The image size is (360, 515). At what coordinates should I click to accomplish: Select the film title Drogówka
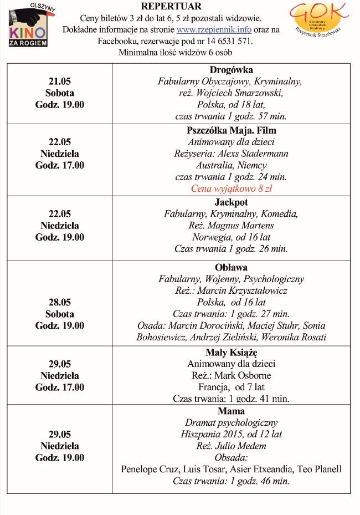tap(231, 70)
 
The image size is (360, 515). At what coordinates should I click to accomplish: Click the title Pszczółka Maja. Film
tap(231, 130)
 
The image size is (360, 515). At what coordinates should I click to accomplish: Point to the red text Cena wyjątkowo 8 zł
tap(231, 188)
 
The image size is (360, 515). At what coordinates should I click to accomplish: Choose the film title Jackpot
tap(231, 202)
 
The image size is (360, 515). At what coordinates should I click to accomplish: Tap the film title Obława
tap(231, 268)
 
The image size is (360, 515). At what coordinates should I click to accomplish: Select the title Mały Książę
tap(231, 352)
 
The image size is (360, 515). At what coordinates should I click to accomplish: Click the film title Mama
tap(231, 411)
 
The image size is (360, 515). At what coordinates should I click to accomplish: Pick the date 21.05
tap(60, 81)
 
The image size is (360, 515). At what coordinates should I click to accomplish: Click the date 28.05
tap(60, 302)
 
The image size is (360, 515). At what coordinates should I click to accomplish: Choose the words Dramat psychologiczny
tap(231, 422)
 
